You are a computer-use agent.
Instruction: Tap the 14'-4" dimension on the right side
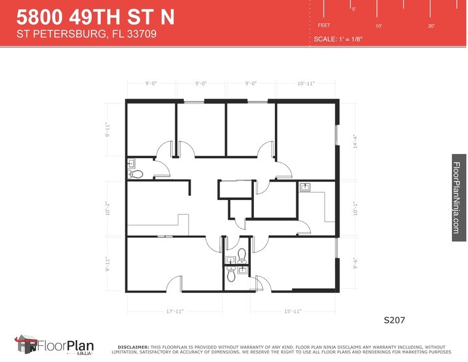coord(354,142)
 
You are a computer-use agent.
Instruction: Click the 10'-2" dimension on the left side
coord(108,209)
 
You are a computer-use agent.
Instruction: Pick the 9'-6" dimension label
coord(355,263)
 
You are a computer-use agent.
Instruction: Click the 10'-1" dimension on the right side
coord(355,208)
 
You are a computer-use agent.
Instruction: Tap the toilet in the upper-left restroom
coord(137,175)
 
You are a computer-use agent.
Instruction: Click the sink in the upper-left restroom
coord(131,164)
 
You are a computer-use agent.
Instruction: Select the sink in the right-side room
coord(305,188)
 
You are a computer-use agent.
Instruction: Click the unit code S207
coord(395,320)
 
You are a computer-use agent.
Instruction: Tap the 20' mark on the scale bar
coord(432,26)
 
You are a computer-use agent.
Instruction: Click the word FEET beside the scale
coord(324,25)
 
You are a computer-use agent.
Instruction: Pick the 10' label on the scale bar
coord(379,26)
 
